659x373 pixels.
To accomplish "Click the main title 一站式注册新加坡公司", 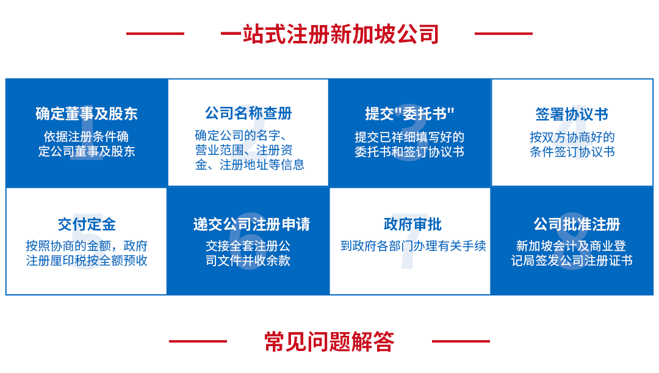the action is click(x=329, y=34).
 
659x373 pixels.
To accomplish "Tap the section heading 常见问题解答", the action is click(x=329, y=341).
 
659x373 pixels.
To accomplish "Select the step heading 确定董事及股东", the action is click(x=87, y=114).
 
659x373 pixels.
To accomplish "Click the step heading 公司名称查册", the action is click(x=248, y=113).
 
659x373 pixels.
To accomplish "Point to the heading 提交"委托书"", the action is click(x=410, y=114).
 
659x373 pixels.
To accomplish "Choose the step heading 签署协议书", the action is click(x=572, y=114).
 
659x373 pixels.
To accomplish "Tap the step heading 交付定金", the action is click(x=87, y=225).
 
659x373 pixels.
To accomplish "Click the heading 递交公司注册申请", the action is click(x=251, y=225).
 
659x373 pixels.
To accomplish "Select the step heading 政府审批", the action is click(x=412, y=225).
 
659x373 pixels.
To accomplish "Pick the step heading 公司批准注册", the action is click(x=577, y=225).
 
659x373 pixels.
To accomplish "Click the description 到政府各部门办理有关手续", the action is click(x=413, y=246).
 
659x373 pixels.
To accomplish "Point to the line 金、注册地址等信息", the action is click(x=250, y=165).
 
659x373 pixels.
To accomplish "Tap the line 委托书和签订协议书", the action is click(x=409, y=151).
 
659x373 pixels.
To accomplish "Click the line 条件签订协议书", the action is click(x=572, y=151).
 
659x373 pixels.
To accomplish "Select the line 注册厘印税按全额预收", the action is click(x=87, y=261).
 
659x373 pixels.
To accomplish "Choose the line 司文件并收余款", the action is click(x=248, y=261).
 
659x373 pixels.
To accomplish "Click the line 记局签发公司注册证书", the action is click(x=572, y=261).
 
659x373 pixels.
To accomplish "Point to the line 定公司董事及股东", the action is click(x=87, y=151).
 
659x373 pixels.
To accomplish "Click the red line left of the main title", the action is click(x=155, y=34).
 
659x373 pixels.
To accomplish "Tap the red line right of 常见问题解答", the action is click(x=461, y=341).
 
